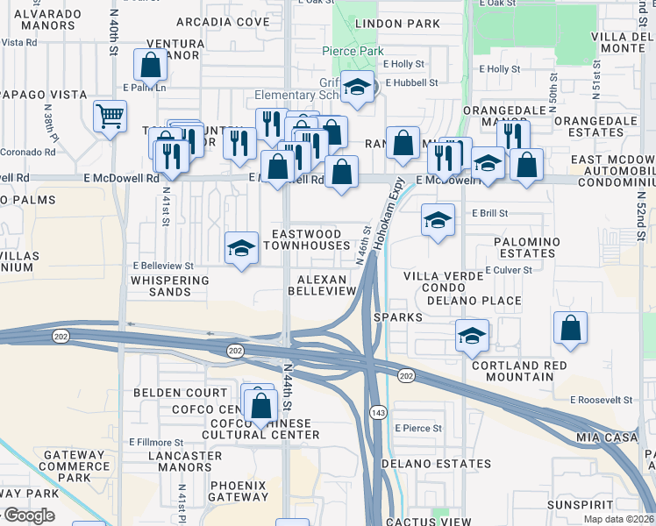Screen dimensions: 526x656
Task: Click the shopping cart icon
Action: pyautogui.click(x=110, y=116)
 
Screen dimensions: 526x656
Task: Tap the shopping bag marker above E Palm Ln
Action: pyautogui.click(x=150, y=64)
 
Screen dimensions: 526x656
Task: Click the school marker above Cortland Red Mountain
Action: pyautogui.click(x=472, y=335)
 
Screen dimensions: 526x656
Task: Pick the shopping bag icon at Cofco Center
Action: pyautogui.click(x=260, y=406)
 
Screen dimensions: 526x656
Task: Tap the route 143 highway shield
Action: pyautogui.click(x=378, y=413)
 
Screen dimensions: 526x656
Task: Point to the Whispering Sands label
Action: pyautogui.click(x=170, y=286)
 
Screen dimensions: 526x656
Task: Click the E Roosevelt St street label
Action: pyautogui.click(x=601, y=400)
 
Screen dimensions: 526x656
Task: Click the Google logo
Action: pyautogui.click(x=28, y=515)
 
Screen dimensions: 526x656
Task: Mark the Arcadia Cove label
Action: pyautogui.click(x=223, y=21)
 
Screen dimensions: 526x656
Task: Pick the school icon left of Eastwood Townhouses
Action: pyautogui.click(x=241, y=248)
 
